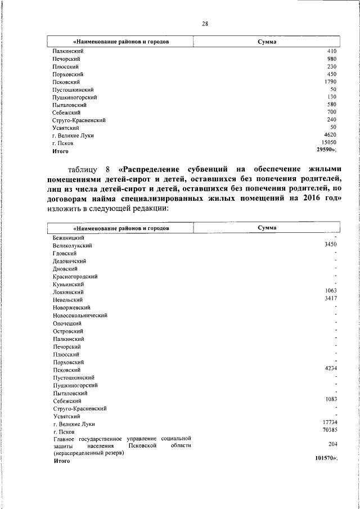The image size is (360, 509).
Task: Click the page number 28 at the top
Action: pos(205,23)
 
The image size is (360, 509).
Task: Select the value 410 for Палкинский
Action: pos(332,51)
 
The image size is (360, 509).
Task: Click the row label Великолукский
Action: pos(73,246)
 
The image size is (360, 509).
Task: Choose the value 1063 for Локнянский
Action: pos(330,291)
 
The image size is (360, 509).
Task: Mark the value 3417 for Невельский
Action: pos(330,299)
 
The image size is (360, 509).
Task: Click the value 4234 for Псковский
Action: pos(330,368)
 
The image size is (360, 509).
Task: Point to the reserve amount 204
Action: pos(332,444)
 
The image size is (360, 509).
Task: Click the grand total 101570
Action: pos(325,458)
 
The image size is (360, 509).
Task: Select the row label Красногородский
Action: pos(76,277)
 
